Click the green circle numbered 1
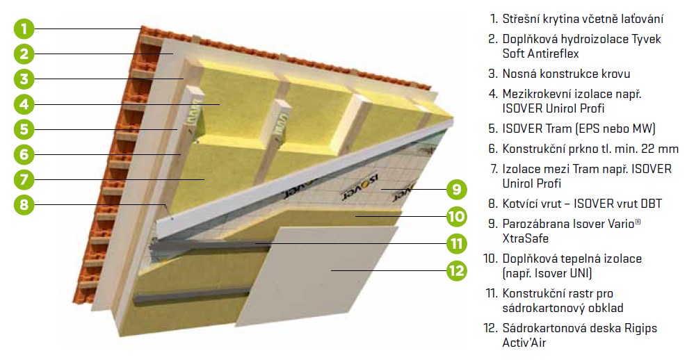point(24,29)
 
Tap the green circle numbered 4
point(24,104)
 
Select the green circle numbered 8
point(24,204)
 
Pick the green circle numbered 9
point(457,189)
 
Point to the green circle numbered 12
point(457,270)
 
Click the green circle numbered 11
point(457,243)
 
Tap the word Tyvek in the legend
point(646,39)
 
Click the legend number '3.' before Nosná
point(493,74)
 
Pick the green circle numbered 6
point(24,154)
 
